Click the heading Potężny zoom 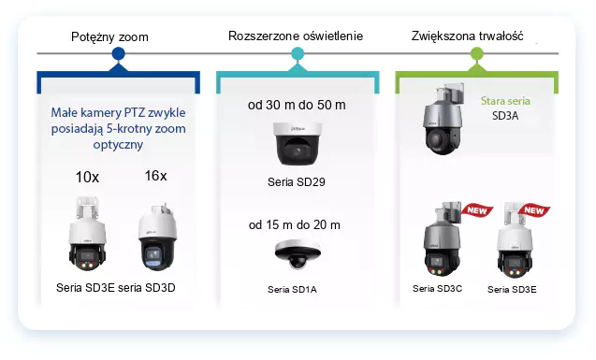tap(109, 36)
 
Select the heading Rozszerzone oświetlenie tap(296, 36)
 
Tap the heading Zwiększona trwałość tap(467, 36)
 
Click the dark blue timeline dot tap(119, 55)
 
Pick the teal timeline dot tap(297, 55)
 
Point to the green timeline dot tap(476, 55)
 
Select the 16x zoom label tap(155, 176)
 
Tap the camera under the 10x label tap(87, 234)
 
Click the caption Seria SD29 tap(295, 180)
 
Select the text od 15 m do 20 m tap(295, 225)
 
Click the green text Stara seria tap(505, 101)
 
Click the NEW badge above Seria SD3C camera tap(479, 210)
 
